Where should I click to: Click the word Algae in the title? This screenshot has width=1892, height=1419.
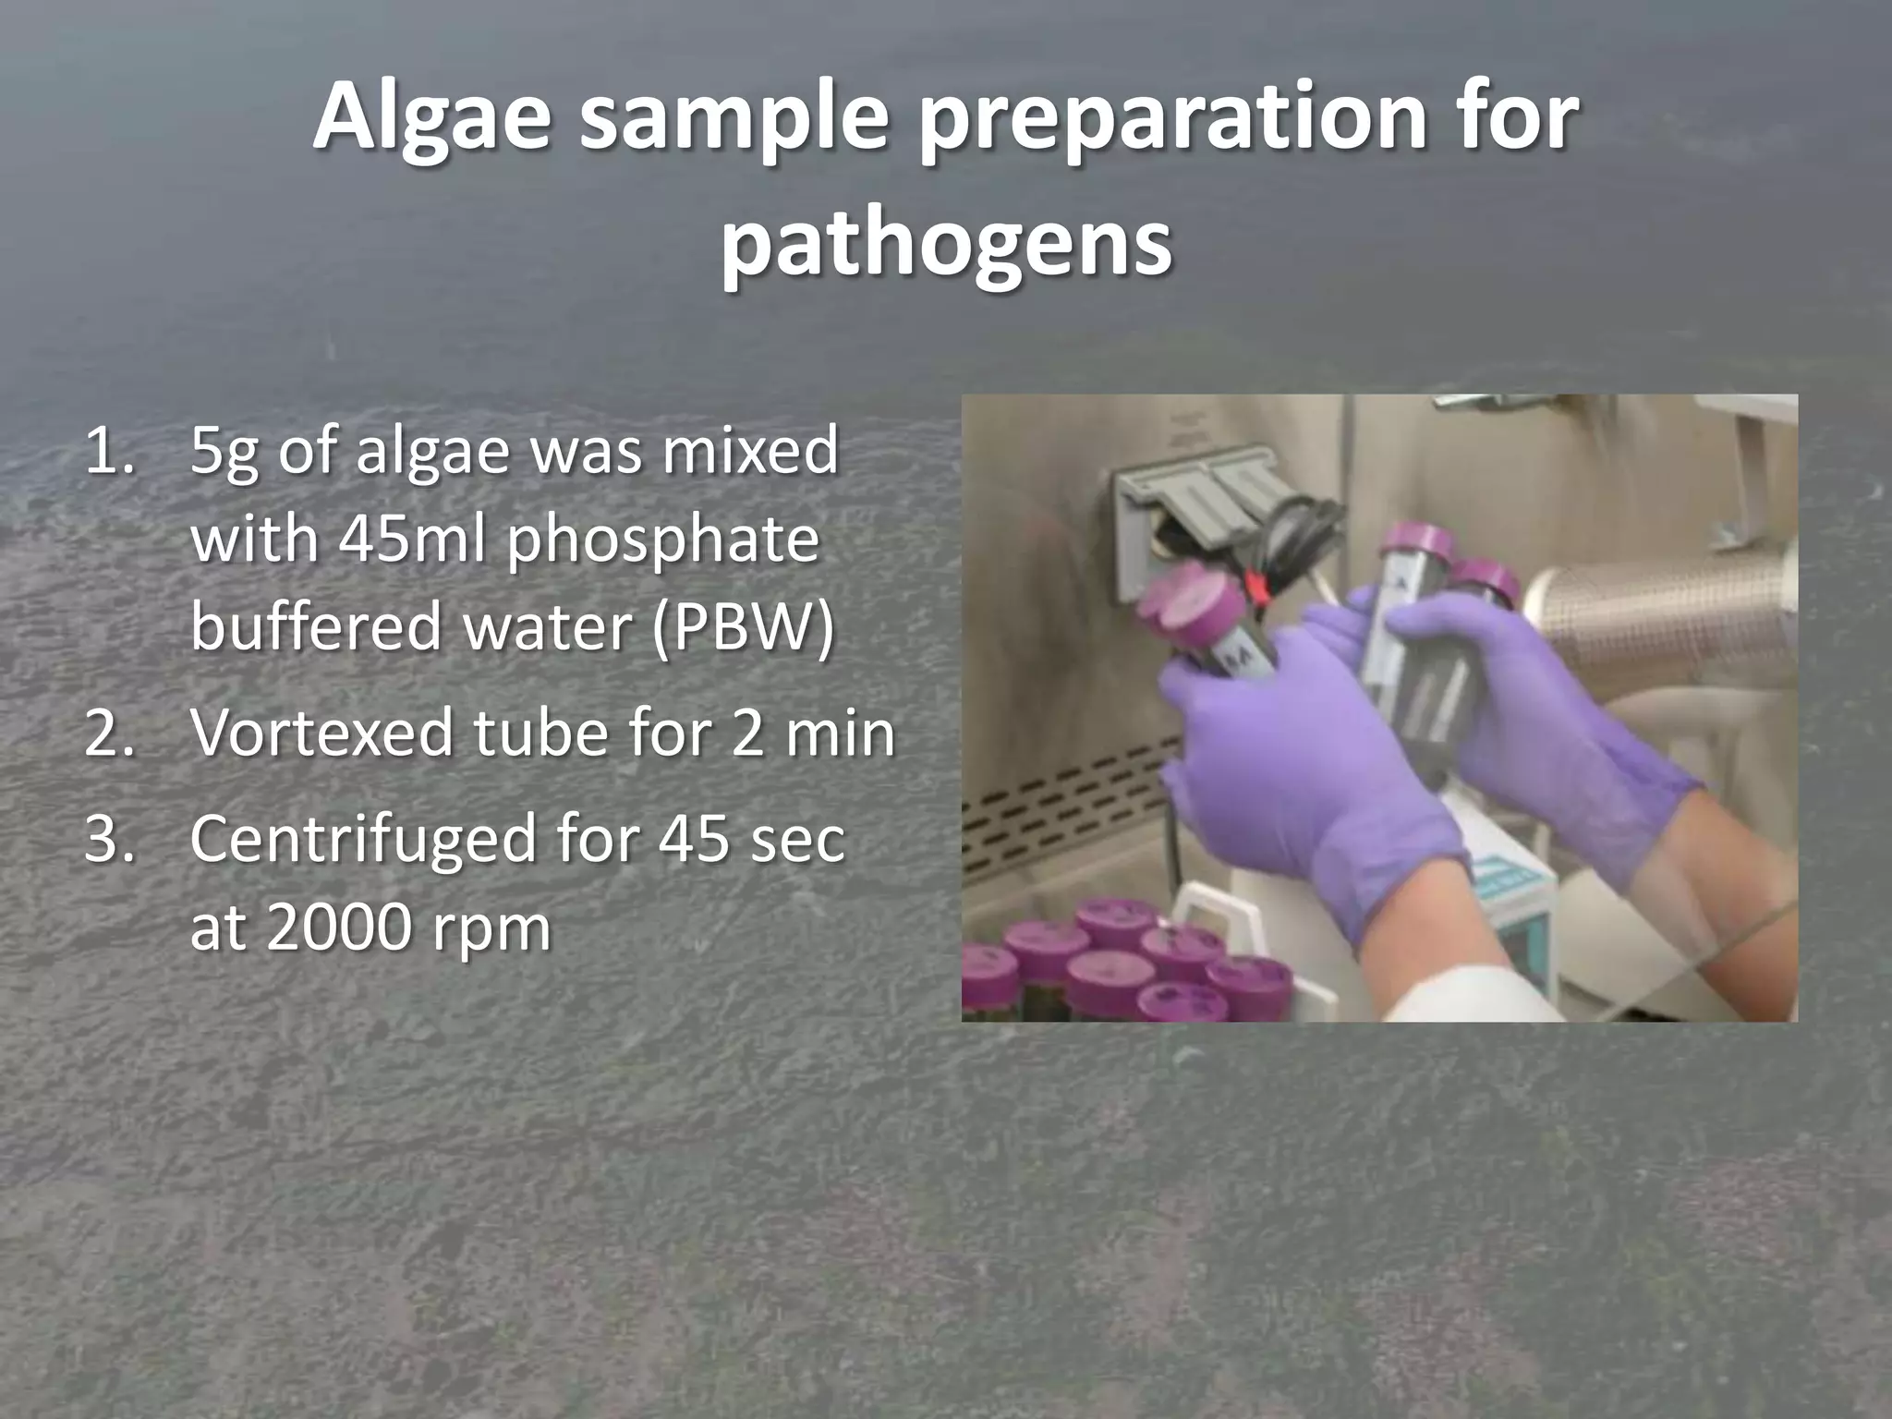431,120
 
